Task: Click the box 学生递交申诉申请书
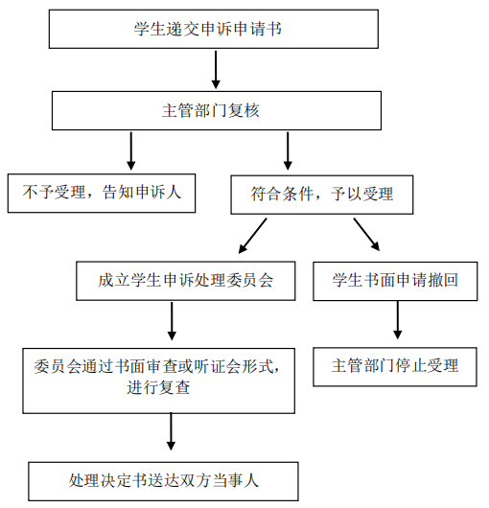[214, 29]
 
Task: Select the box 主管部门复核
[217, 111]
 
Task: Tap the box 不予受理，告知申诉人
[102, 193]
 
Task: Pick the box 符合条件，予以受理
[322, 195]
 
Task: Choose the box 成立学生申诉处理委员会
[186, 281]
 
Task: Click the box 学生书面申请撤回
[395, 281]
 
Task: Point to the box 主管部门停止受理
[395, 367]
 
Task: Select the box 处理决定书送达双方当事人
[163, 481]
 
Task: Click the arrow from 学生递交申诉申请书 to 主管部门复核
[216, 69]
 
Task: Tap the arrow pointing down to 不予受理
[131, 150]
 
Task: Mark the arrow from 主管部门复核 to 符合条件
[288, 150]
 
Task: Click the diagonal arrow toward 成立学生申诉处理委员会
[252, 236]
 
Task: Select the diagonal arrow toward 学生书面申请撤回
[366, 235]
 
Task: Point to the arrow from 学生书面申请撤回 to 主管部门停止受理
[398, 320]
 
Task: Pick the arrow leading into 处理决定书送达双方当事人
[171, 431]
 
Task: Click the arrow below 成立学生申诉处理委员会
[172, 321]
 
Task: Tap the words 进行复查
[158, 387]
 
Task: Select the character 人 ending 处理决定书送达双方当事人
[251, 480]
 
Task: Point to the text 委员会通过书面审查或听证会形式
[153, 367]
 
